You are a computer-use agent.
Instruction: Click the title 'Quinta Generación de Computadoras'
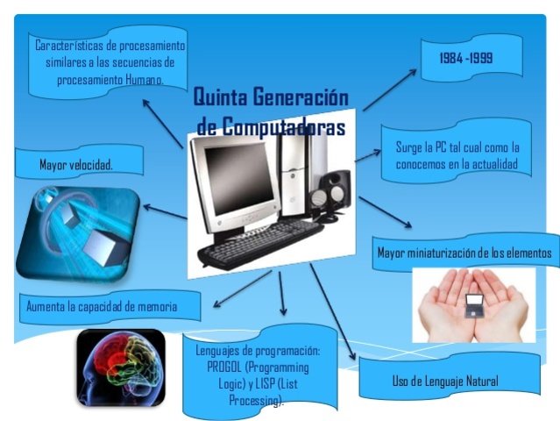point(270,111)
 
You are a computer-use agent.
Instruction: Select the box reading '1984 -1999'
point(466,59)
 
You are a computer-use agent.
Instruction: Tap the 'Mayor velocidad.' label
point(76,164)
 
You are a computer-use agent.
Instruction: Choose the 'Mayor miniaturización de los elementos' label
point(464,253)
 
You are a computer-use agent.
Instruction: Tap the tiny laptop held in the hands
point(473,303)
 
